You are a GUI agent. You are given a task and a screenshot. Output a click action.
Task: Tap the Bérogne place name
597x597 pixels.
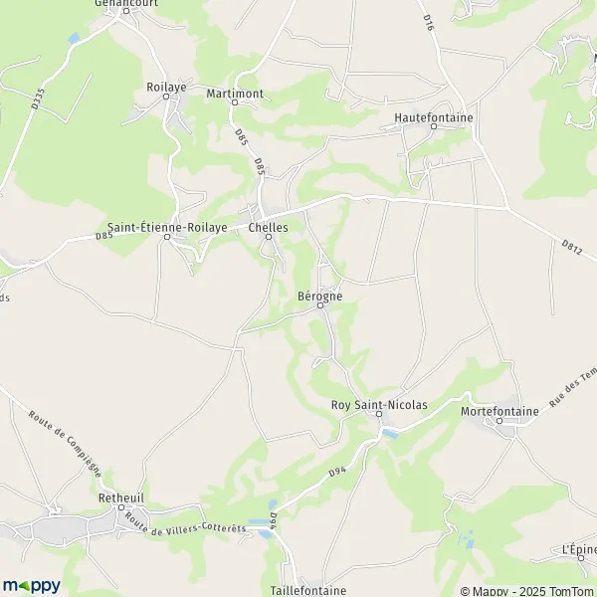319,296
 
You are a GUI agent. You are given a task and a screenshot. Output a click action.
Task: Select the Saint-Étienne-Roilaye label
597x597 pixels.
168,227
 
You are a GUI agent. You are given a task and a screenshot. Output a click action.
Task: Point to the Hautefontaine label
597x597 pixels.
434,116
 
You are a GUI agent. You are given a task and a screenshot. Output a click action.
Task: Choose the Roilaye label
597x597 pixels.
167,87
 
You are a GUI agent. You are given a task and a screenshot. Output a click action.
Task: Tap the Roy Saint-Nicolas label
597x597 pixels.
378,405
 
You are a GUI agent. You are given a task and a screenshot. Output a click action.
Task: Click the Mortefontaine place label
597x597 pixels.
499,410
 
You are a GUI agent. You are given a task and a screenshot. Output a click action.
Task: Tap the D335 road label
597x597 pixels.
38,99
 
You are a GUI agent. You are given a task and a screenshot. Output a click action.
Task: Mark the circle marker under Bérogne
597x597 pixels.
320,306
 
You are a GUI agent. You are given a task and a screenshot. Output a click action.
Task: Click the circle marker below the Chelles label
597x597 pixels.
268,237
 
